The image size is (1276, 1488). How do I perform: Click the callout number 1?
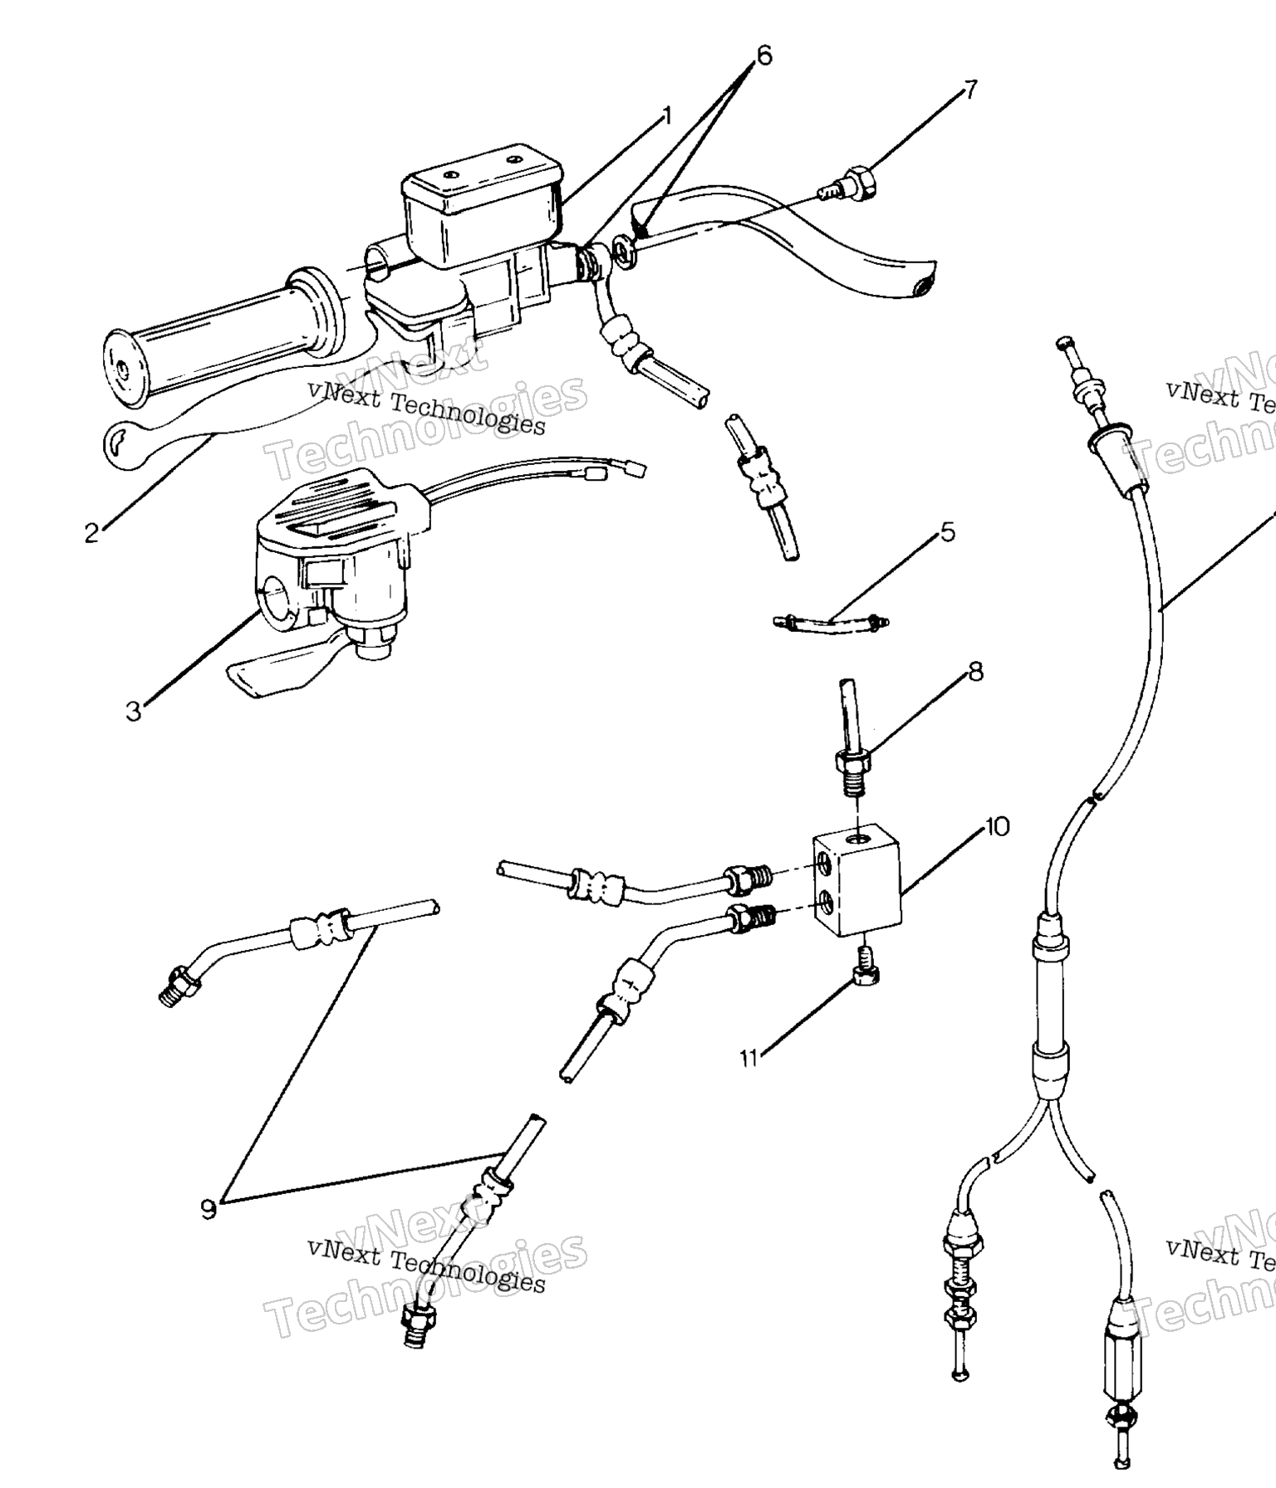(x=665, y=115)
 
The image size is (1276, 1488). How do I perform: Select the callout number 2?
(x=92, y=532)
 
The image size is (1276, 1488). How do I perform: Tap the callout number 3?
(x=134, y=711)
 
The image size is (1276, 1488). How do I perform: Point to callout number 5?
(x=948, y=531)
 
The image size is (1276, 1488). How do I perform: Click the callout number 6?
(x=763, y=56)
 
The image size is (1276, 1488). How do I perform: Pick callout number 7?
(x=969, y=88)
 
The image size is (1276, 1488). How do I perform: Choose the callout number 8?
(x=975, y=670)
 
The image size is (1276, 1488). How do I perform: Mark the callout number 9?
(x=209, y=1209)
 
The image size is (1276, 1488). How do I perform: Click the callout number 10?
(x=997, y=826)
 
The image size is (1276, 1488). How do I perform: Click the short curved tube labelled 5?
(x=831, y=619)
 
